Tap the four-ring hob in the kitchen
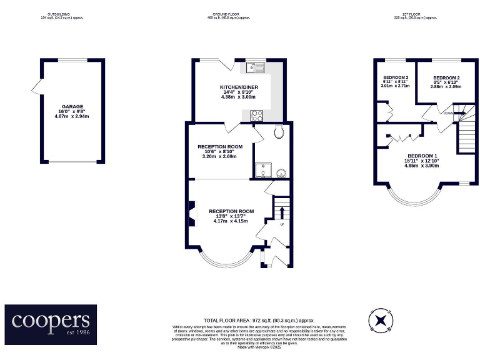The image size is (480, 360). pyautogui.click(x=256, y=115)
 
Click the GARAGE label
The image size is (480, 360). pyautogui.click(x=72, y=106)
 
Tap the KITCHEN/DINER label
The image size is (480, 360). pyautogui.click(x=239, y=87)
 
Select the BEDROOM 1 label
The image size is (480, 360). pyautogui.click(x=422, y=156)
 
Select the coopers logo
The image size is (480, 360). pyautogui.click(x=51, y=323)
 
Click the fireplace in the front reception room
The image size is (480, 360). pyautogui.click(x=192, y=213)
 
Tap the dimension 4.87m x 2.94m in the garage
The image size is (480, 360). pyautogui.click(x=72, y=117)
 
